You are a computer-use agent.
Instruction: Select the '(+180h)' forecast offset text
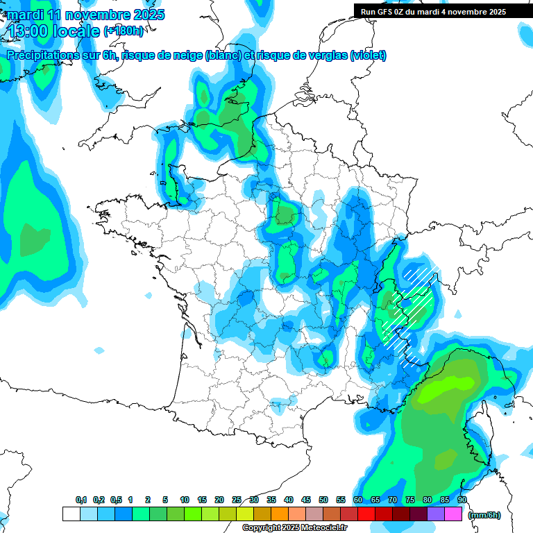124,31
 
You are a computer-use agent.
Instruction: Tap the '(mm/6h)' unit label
484,514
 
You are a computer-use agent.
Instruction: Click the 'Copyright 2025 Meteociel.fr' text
294,528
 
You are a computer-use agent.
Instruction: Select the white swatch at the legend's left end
71,514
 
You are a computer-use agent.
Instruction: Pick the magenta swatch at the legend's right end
453,514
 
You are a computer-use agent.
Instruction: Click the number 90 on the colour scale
462,500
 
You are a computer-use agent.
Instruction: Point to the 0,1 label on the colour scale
81,500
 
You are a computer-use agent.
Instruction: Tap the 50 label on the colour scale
323,500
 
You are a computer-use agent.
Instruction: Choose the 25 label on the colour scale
237,500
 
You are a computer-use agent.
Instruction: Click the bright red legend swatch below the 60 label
366,514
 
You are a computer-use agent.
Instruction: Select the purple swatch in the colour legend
436,514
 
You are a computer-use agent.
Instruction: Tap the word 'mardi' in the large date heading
25,14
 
